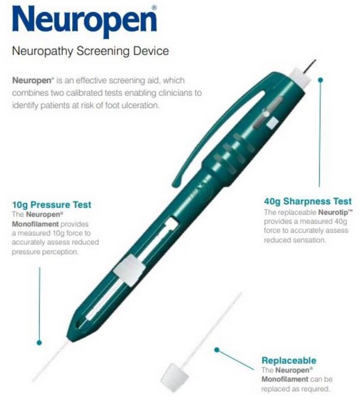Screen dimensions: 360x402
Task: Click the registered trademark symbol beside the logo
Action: (154, 8)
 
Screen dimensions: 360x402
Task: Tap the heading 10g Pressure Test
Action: (51, 205)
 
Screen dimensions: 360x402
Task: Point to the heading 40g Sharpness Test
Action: (308, 201)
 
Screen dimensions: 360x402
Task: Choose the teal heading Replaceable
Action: (289, 360)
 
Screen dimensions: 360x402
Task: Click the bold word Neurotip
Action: (333, 212)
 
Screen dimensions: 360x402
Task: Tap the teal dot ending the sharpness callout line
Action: (320, 80)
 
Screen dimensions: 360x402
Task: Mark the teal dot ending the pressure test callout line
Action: (39, 343)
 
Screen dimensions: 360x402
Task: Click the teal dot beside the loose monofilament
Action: (217, 350)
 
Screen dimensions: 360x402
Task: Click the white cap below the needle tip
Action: (299, 77)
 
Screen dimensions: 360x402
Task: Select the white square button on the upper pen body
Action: (272, 122)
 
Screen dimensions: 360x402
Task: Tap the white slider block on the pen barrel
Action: (130, 270)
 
